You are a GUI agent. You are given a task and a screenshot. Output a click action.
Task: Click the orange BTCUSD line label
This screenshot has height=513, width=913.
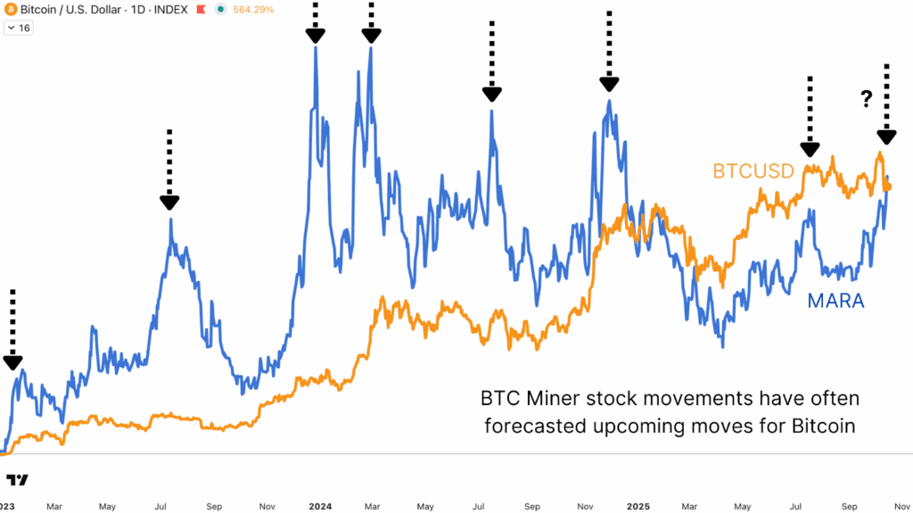tap(753, 171)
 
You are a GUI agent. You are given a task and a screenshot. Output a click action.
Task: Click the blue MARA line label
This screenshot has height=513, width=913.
tap(835, 301)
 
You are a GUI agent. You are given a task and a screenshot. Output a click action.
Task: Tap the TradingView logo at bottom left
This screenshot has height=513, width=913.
tap(17, 480)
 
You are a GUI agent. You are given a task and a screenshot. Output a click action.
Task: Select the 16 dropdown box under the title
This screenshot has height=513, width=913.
tap(19, 28)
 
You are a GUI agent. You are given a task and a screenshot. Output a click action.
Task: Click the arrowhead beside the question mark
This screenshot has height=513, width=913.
tap(885, 137)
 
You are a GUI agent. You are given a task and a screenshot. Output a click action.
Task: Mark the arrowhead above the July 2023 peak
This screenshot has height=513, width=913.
tap(169, 202)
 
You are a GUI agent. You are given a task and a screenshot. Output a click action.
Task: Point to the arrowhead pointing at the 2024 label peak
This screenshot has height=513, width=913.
tap(316, 36)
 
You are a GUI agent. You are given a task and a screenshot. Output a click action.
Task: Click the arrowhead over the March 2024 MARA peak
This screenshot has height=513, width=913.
tap(371, 36)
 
